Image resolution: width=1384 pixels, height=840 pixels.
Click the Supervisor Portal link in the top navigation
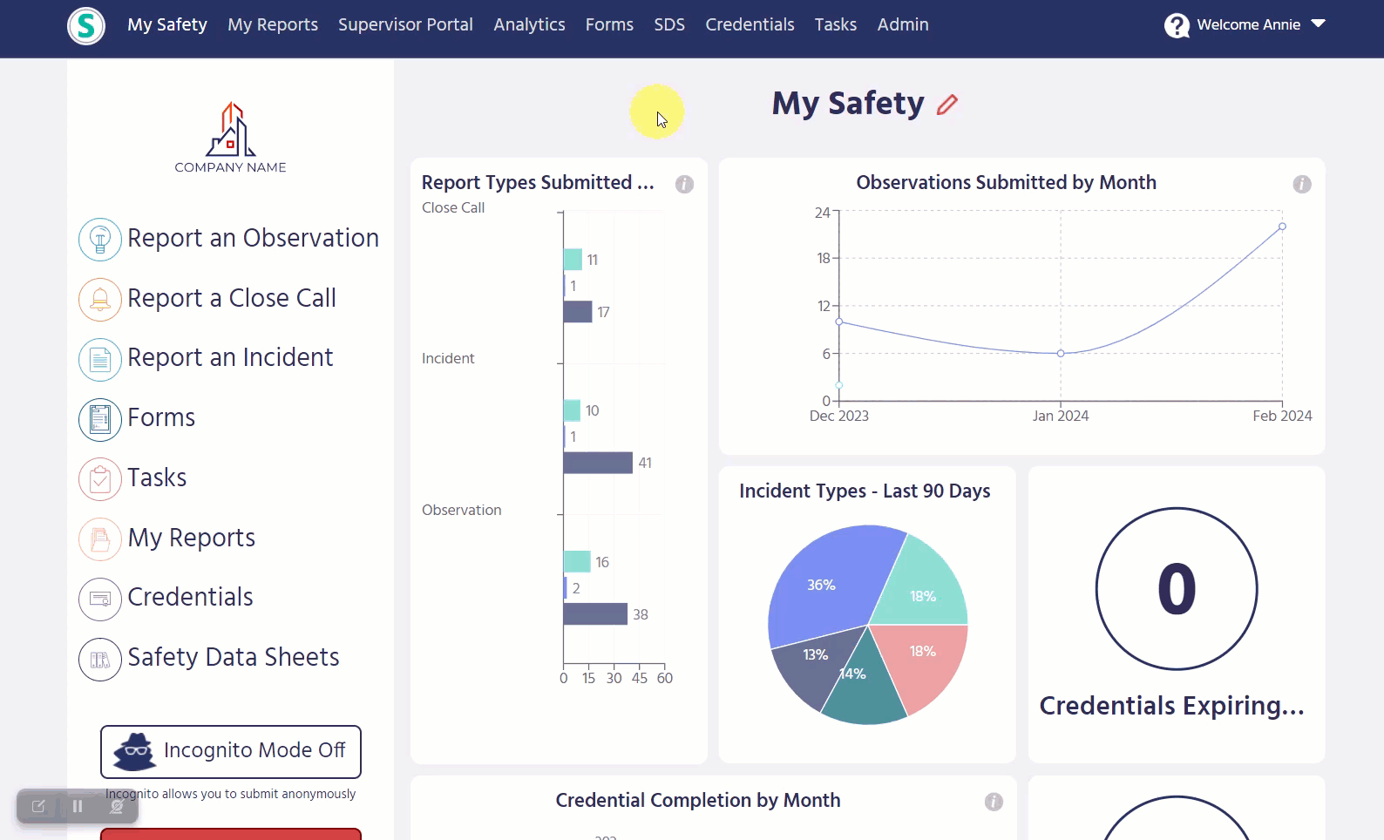[x=405, y=24]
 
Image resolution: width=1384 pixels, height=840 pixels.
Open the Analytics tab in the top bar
[x=529, y=24]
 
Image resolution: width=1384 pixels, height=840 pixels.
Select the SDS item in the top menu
[x=669, y=24]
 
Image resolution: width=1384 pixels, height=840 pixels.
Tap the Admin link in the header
[x=903, y=24]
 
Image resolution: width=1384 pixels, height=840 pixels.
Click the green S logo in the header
[x=86, y=26]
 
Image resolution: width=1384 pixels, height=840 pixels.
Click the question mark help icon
[x=1177, y=25]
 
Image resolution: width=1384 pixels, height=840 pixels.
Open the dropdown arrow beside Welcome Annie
[x=1318, y=24]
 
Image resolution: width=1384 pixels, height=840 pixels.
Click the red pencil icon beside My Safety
[x=947, y=105]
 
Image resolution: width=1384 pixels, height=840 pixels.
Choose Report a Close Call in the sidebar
[x=232, y=298]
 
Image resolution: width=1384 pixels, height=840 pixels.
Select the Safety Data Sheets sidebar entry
[x=234, y=657]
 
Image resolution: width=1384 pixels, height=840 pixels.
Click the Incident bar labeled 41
[x=598, y=463]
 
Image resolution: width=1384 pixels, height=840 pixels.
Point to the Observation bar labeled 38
[x=595, y=614]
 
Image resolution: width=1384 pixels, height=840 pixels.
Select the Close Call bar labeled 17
[x=578, y=312]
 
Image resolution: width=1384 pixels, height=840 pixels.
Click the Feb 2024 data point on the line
[x=1282, y=227]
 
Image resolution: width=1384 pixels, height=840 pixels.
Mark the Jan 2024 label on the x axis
[x=1061, y=417]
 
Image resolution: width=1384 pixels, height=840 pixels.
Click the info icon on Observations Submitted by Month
[x=1302, y=184]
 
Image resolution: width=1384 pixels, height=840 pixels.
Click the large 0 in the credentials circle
[x=1177, y=589]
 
